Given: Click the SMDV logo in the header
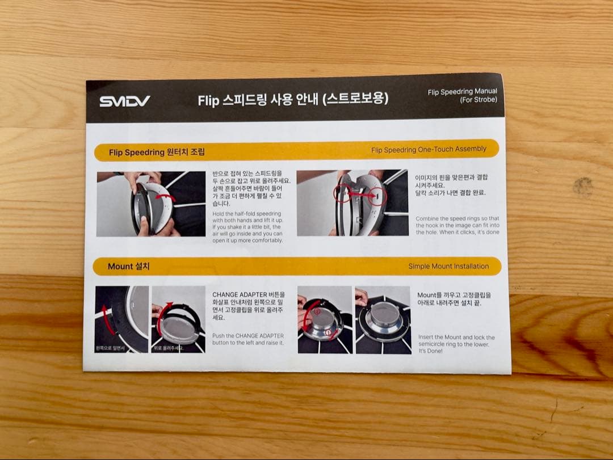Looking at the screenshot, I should (125, 102).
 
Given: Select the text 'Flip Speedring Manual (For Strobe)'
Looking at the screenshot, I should (462, 95).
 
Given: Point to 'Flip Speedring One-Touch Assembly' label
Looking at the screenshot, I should (429, 149).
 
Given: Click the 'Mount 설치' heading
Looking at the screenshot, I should (129, 266).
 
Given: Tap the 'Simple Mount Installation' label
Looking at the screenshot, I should (448, 266).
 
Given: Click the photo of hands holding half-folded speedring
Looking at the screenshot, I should (151, 203).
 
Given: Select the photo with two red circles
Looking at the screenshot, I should (352, 202).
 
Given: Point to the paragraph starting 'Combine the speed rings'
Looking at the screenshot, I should (457, 225).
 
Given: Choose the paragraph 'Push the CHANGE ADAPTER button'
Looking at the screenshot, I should (248, 339).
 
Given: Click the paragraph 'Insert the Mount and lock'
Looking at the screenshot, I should (456, 344).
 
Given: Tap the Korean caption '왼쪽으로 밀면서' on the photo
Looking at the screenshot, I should (110, 347).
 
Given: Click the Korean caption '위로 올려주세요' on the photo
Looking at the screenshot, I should (169, 347).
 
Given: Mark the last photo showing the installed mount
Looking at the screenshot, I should (383, 320).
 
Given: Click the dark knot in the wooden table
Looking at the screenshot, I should (582, 186).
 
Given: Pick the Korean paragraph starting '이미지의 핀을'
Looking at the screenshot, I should (451, 185).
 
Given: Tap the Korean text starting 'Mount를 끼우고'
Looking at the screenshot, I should (454, 299).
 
